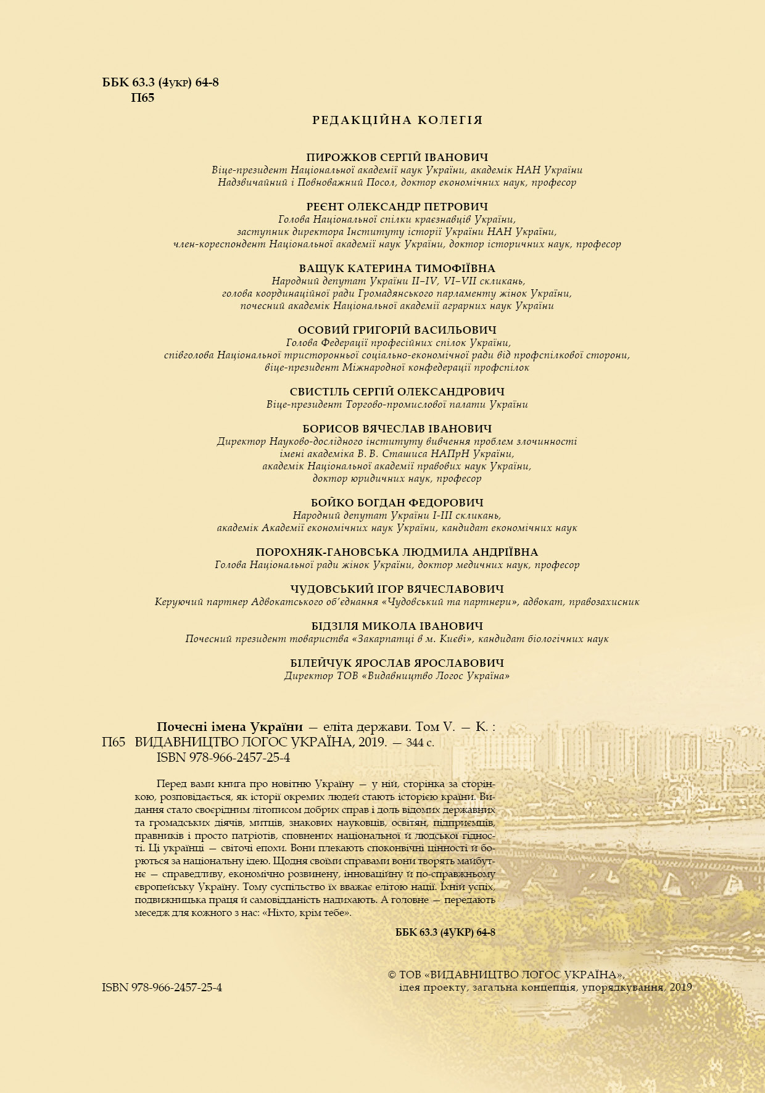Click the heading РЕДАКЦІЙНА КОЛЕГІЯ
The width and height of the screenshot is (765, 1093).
click(397, 120)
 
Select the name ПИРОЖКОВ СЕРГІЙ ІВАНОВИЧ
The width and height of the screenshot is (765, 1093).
click(397, 157)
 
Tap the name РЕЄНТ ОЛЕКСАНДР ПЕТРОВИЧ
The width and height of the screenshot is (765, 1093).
click(397, 207)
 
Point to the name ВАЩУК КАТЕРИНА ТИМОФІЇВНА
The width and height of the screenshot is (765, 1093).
click(397, 268)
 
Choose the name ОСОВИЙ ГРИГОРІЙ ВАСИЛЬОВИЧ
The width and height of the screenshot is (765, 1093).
click(397, 330)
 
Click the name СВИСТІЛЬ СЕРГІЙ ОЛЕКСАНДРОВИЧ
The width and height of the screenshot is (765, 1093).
click(397, 392)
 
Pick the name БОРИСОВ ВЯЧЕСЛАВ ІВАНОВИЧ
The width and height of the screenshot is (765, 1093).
click(397, 429)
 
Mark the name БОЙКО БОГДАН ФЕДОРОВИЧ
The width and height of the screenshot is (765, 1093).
click(397, 503)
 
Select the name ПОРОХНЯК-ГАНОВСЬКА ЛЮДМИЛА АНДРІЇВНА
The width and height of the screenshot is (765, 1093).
click(397, 552)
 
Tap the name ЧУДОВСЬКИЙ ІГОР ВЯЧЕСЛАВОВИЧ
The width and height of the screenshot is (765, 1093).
click(397, 589)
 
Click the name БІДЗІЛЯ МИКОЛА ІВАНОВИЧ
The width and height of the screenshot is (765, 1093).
click(397, 626)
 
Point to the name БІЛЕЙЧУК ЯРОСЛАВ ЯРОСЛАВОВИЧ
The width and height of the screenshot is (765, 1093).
click(397, 663)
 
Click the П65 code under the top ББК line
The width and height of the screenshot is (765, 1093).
click(143, 97)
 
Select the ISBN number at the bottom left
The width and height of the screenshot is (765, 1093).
click(162, 988)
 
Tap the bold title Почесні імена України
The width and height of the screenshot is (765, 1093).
click(230, 727)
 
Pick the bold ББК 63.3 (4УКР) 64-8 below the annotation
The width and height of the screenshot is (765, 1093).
click(445, 932)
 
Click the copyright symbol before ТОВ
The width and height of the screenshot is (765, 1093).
click(391, 975)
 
